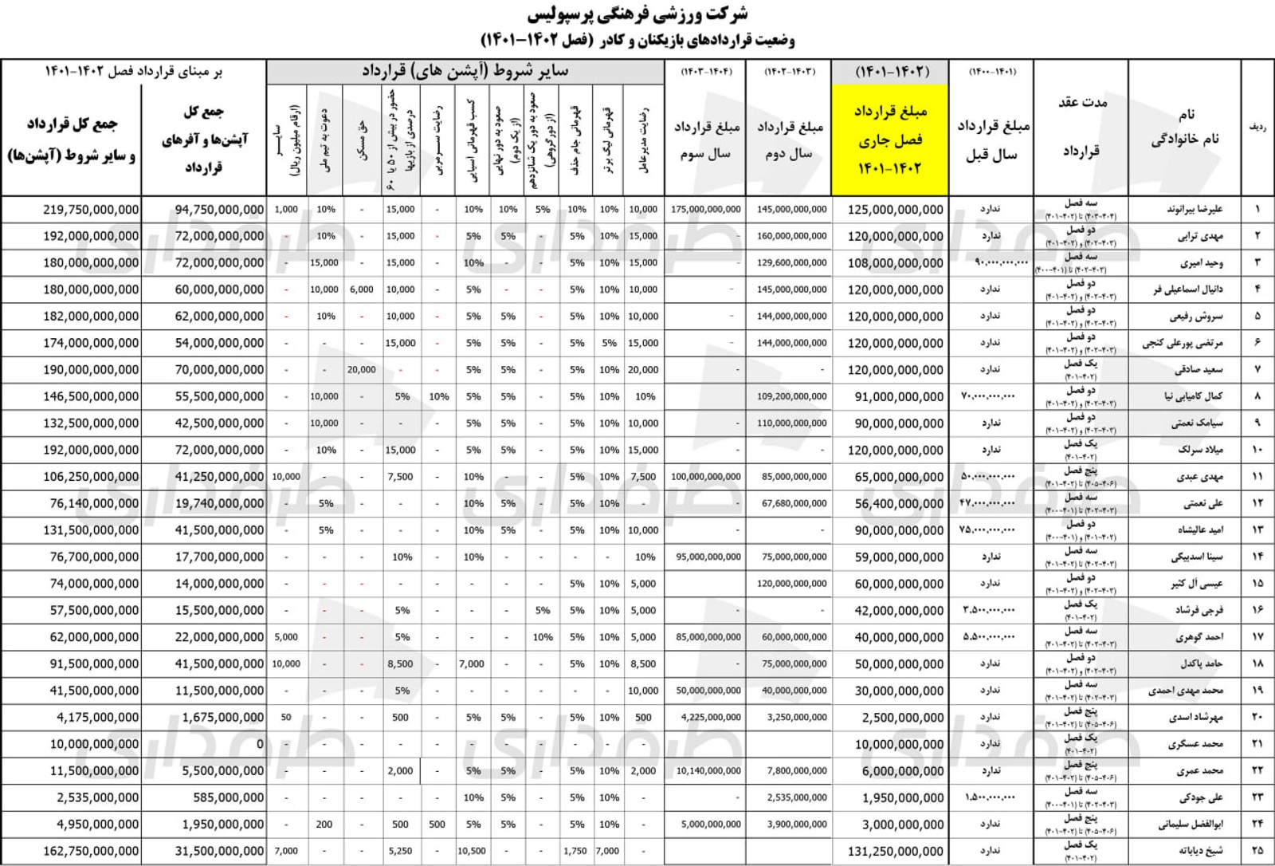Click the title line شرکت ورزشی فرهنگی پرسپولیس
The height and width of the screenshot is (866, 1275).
637,14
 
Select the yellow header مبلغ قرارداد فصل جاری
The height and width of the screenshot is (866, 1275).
889,140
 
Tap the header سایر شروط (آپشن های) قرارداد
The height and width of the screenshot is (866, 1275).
465,71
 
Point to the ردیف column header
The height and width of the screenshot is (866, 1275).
1258,127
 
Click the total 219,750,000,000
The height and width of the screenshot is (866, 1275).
91,210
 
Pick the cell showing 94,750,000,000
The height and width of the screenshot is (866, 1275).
219,210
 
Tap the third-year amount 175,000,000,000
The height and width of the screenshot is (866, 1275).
706,210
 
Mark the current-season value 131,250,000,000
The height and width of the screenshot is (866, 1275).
896,851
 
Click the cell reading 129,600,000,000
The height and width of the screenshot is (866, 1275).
792,263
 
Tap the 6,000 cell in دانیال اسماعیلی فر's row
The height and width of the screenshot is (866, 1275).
362,289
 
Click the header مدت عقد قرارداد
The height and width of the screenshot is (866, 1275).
1081,127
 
